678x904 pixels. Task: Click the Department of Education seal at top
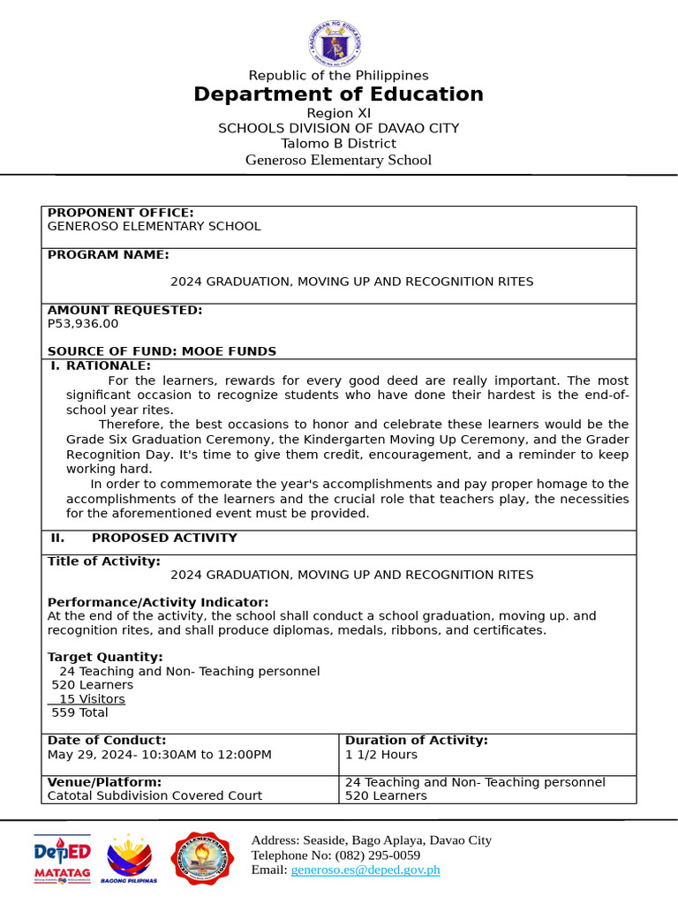point(339,43)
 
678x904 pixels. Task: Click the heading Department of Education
point(339,94)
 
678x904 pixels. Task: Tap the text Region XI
point(339,113)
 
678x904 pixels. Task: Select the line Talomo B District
point(339,143)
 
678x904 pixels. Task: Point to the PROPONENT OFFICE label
point(120,213)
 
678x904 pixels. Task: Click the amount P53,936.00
point(83,323)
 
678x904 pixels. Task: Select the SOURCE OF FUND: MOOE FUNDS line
point(162,351)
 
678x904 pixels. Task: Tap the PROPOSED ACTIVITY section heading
point(164,538)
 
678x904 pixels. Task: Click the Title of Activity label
point(104,561)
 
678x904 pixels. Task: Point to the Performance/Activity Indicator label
point(158,602)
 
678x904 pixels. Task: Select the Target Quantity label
point(105,657)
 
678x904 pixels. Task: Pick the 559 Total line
point(79,712)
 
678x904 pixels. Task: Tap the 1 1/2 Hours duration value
point(381,755)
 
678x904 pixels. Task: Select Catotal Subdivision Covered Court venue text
point(154,795)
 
